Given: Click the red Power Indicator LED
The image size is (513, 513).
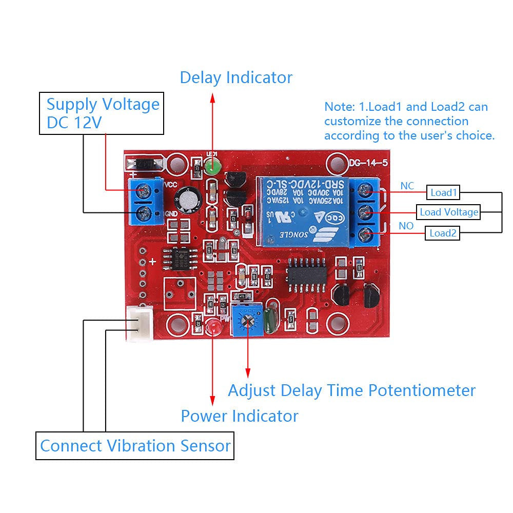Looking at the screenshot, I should pos(212,326).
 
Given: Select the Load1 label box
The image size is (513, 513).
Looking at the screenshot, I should pos(443,193).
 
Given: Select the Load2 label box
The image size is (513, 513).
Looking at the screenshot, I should pos(443,233).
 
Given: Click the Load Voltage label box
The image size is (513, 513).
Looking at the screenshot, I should pos(448,212).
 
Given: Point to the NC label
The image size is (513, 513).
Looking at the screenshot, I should pos(407,186).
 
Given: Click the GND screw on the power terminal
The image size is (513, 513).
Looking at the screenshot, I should pos(144,213).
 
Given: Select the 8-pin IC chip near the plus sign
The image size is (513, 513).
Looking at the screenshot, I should pos(179,258).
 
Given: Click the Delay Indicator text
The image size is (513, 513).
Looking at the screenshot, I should pos(236,78).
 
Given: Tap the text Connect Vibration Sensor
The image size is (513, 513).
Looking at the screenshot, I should pos(135,446).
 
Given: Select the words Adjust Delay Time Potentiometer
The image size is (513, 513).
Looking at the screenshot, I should pos(351,390).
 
